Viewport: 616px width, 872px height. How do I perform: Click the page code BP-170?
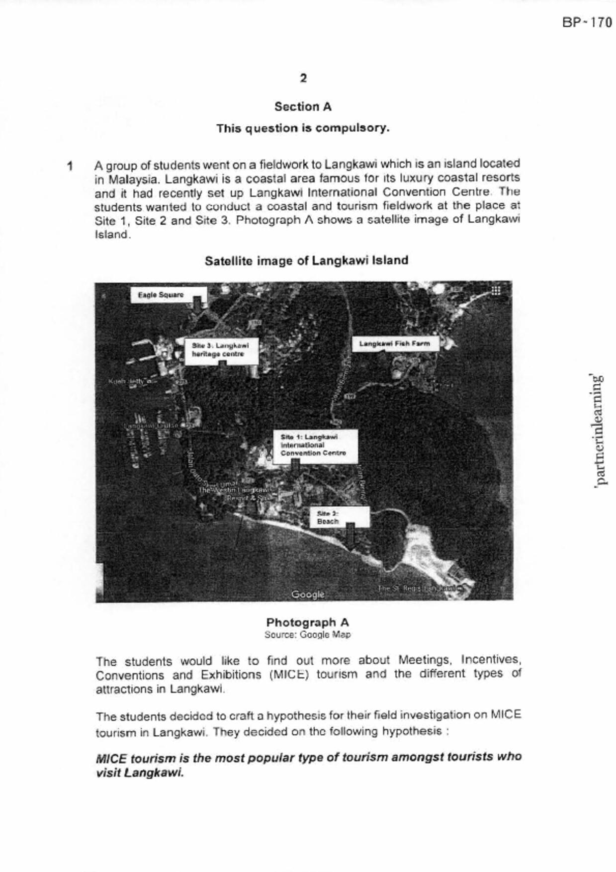tap(587, 22)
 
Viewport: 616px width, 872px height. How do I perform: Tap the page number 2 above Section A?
tap(303, 78)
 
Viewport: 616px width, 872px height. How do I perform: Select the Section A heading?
tap(303, 106)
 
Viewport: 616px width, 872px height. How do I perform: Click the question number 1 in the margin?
tap(70, 166)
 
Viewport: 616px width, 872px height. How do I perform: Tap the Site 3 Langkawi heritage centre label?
tap(220, 349)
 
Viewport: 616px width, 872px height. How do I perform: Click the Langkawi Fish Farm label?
tap(395, 344)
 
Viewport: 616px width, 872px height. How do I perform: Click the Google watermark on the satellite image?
tap(307, 594)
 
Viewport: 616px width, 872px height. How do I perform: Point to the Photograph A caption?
tap(307, 622)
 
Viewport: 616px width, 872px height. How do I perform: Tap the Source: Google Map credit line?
tap(307, 635)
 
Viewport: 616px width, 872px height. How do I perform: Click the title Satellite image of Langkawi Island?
tap(306, 261)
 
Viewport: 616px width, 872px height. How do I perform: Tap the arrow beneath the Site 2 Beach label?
tap(350, 536)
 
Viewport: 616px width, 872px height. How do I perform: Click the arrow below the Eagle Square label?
tap(197, 304)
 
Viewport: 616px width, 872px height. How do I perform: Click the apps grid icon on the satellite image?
tap(495, 290)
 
